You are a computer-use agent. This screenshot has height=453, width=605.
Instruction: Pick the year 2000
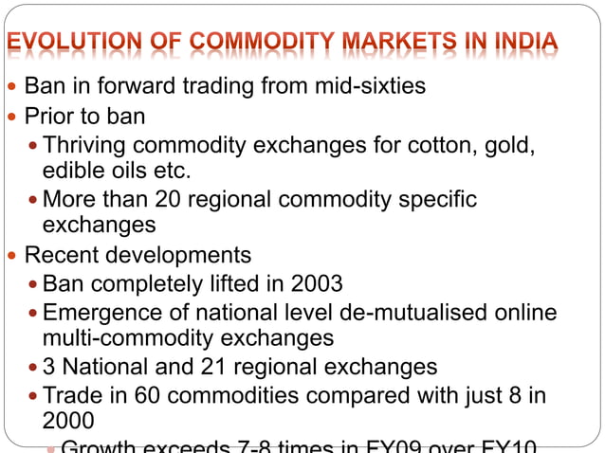coord(68,420)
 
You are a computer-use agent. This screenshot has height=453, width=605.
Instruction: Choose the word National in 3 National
coord(103,367)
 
